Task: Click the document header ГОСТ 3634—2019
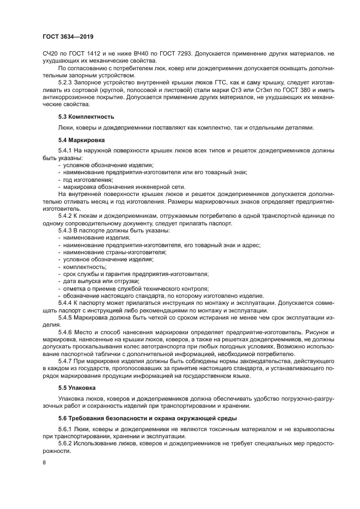(68, 37)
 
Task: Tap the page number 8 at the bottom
(45, 463)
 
